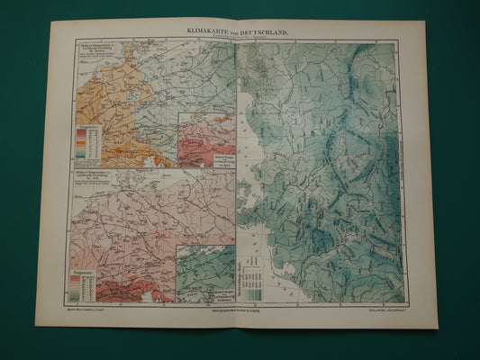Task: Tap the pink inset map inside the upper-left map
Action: tap(207, 139)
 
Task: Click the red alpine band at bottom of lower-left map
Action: tap(135, 290)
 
